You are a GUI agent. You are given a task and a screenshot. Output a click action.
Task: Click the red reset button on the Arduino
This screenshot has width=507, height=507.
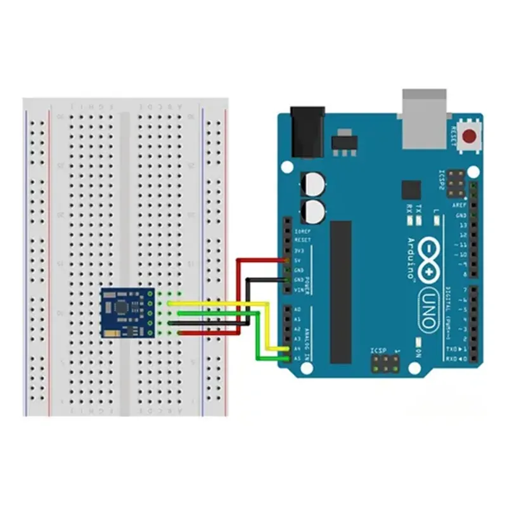point(470,136)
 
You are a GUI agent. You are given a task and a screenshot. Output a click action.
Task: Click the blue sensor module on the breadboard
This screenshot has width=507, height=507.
point(127,312)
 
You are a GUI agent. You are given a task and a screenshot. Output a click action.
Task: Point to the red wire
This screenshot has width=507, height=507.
point(239,292)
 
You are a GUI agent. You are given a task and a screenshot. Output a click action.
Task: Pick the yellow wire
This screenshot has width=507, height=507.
point(266,323)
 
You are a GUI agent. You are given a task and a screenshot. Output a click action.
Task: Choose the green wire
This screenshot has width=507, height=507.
point(257,342)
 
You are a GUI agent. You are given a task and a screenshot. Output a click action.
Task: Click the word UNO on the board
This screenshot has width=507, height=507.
point(427,310)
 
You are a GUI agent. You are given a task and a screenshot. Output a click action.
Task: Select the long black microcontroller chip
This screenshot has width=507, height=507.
point(340,292)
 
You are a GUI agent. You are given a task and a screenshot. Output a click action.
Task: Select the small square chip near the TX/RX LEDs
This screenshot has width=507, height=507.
point(411,189)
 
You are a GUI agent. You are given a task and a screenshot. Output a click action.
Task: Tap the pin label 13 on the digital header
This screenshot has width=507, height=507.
point(462,225)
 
